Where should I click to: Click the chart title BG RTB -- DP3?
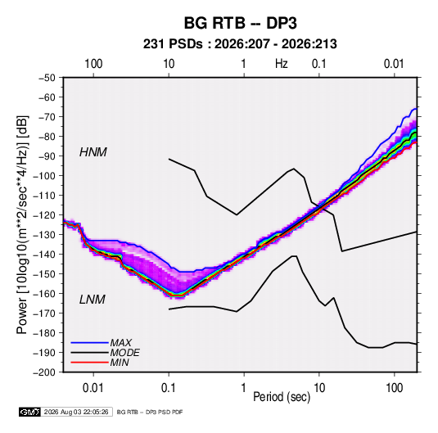pyautogui.click(x=240, y=23)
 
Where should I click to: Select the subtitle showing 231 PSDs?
pyautogui.click(x=240, y=44)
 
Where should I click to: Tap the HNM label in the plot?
pyautogui.click(x=93, y=152)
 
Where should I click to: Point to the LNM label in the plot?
pyautogui.click(x=93, y=300)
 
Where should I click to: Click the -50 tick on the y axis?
pyautogui.click(x=47, y=78)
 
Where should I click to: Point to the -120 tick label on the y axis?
pyautogui.click(x=44, y=215)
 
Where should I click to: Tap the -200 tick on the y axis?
pyautogui.click(x=44, y=372)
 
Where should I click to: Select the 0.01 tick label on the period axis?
pyautogui.click(x=93, y=388)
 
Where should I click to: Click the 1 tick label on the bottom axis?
pyautogui.click(x=244, y=388)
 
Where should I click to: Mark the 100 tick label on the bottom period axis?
pyautogui.click(x=395, y=388)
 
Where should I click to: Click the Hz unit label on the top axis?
pyautogui.click(x=282, y=64)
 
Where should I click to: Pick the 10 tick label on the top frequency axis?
pyautogui.click(x=169, y=64)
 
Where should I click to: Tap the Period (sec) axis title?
pyautogui.click(x=282, y=397)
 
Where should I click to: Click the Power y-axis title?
pyautogui.click(x=22, y=224)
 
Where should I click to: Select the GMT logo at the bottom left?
pyautogui.click(x=30, y=412)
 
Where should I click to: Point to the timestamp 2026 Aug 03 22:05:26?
pyautogui.click(x=76, y=412)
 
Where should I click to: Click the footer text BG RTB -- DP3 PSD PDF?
pyautogui.click(x=150, y=412)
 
